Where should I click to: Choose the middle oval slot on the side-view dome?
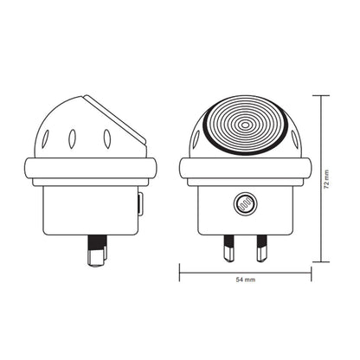pos(74,137)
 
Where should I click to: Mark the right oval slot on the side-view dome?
pos(106,138)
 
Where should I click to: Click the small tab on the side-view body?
pos(140,204)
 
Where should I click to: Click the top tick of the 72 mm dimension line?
pos(322,94)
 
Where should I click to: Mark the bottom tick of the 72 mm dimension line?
pos(322,260)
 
